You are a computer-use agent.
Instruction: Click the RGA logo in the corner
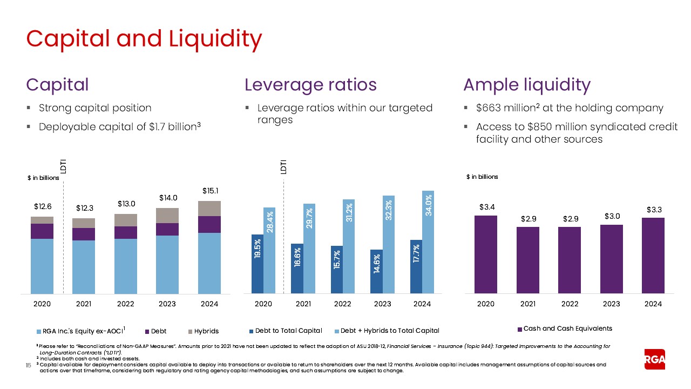[655, 359]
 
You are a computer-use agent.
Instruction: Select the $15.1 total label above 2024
[210, 191]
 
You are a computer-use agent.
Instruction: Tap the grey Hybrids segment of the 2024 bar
[209, 209]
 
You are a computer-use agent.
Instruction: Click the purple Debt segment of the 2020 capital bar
[42, 231]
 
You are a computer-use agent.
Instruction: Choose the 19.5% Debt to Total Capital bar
[258, 264]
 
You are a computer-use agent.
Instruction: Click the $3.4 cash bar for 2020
[485, 254]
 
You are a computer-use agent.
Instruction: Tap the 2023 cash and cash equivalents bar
[611, 259]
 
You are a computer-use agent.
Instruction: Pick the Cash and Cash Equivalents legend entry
[565, 328]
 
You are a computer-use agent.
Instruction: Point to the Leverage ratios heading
[310, 85]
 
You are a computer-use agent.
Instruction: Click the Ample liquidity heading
[527, 85]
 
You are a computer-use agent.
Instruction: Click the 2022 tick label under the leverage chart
[343, 304]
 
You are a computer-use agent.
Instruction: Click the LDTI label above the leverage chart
[283, 166]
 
